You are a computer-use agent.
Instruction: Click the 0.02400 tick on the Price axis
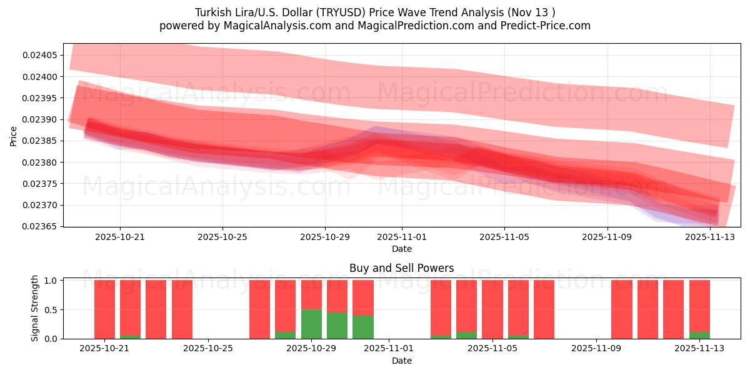coord(39,77)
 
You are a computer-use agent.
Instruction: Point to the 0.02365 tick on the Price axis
coord(39,226)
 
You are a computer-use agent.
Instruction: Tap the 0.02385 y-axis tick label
coord(39,141)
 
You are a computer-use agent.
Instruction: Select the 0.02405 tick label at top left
coord(39,56)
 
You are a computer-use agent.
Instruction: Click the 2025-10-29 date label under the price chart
coord(325,237)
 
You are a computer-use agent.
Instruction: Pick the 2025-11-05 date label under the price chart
coord(504,237)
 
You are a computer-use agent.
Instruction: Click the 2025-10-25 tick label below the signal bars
coord(208,349)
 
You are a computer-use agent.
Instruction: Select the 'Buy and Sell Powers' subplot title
coord(401,268)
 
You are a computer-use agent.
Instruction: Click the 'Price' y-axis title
coord(14,136)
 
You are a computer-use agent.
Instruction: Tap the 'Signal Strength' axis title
coord(35,308)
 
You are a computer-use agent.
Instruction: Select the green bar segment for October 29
coord(311,324)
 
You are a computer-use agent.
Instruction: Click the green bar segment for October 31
coord(363,327)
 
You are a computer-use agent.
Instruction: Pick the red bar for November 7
coord(544,309)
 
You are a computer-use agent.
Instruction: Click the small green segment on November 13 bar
coord(699,335)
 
